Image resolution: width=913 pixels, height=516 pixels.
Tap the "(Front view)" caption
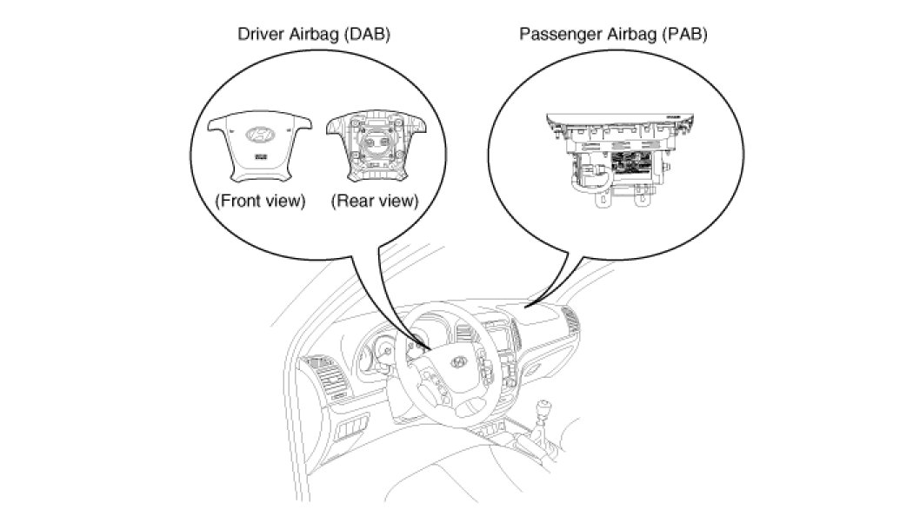tap(260, 201)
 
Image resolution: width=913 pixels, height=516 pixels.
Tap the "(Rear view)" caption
tap(375, 201)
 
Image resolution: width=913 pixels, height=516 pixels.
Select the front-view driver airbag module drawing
tap(259, 145)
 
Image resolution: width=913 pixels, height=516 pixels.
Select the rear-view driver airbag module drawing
tap(372, 145)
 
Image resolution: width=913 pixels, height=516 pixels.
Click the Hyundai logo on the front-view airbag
tap(259, 135)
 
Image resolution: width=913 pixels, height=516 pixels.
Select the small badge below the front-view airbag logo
tap(259, 156)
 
